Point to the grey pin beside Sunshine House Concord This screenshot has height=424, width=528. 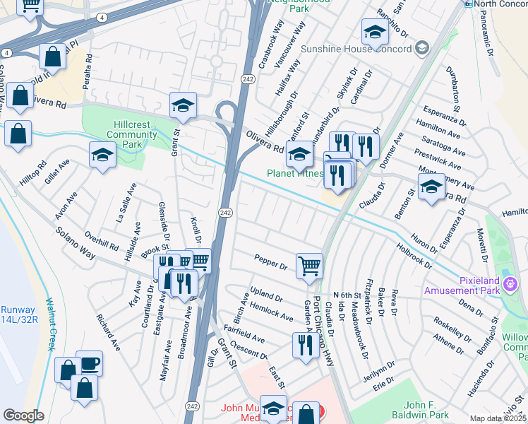423,48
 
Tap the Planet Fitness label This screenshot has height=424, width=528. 294,173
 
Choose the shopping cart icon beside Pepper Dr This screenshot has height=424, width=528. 309,266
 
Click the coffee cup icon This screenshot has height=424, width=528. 89,363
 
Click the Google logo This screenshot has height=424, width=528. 23,416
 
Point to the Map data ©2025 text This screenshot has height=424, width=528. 498,418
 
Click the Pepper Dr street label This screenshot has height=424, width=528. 271,263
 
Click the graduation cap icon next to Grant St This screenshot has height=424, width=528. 184,105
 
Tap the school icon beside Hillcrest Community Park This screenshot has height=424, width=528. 102,155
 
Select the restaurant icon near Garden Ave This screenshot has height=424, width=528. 305,345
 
